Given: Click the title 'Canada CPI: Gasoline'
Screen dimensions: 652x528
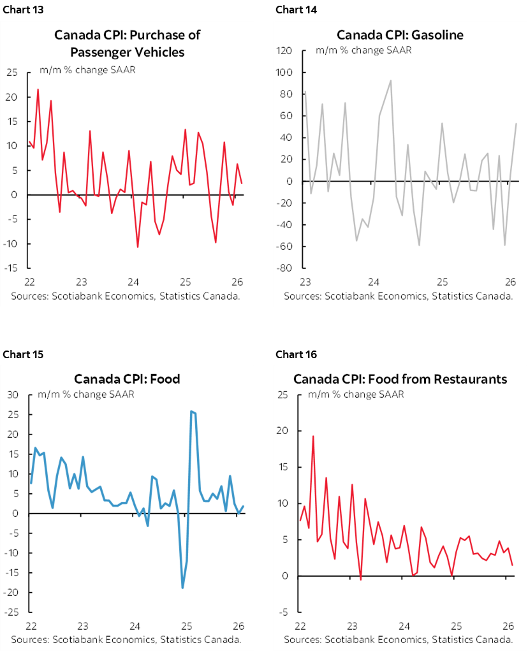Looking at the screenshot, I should click(x=400, y=34).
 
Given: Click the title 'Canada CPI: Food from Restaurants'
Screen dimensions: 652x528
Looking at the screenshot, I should click(x=400, y=379).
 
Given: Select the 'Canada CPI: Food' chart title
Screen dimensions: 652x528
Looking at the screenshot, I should click(x=127, y=379).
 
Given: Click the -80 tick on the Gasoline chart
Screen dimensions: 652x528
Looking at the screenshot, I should click(x=284, y=268).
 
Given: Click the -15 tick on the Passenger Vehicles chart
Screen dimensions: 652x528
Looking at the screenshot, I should click(x=12, y=268).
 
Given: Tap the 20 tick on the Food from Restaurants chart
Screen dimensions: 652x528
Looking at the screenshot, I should click(x=284, y=431).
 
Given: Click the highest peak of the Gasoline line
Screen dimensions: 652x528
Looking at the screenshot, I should click(x=390, y=80).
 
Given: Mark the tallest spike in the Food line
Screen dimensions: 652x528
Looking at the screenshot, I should click(x=191, y=411).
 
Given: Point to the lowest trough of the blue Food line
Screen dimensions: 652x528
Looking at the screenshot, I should click(x=182, y=588).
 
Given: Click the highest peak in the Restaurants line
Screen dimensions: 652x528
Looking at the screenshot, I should click(x=313, y=436).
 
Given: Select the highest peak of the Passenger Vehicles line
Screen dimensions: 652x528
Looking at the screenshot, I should click(x=38, y=89).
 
